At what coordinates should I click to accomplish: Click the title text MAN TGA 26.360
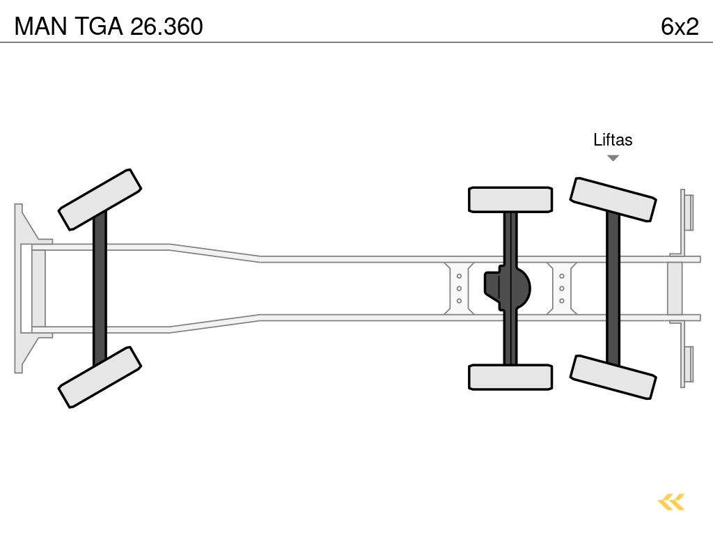[109, 26]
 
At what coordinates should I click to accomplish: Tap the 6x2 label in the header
[679, 26]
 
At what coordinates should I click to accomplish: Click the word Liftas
[613, 139]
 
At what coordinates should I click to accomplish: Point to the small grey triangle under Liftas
[613, 158]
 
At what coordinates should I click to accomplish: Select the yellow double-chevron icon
[671, 502]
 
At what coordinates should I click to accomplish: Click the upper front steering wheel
[100, 199]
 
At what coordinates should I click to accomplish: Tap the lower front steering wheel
[100, 377]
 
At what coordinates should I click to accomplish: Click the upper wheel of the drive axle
[510, 199]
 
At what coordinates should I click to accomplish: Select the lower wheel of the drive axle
[510, 377]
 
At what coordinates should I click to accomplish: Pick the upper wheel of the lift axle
[613, 199]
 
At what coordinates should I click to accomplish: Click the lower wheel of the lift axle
[613, 377]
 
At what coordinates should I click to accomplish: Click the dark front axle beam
[100, 288]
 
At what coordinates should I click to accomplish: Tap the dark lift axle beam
[613, 288]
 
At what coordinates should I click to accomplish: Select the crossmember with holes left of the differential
[460, 288]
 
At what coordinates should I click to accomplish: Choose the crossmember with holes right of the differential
[561, 288]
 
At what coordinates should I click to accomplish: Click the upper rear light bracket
[687, 211]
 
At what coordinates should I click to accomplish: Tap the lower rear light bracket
[687, 365]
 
